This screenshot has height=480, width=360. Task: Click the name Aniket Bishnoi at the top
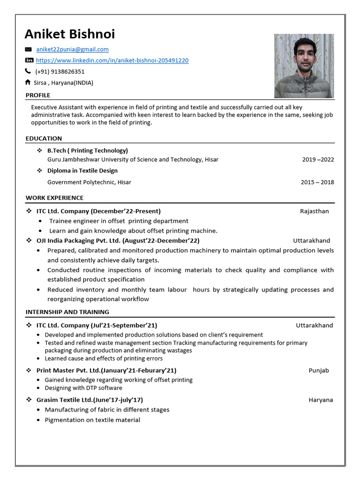click(69, 34)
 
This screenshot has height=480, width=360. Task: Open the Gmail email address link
click(72, 49)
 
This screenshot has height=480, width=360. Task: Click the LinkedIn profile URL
click(112, 60)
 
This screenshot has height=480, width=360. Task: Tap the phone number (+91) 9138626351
click(60, 72)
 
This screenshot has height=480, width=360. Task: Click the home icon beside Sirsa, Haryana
click(28, 82)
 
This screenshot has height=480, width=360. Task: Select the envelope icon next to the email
click(28, 49)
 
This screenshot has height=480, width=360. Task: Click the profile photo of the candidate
click(304, 66)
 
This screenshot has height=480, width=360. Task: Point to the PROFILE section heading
click(38, 95)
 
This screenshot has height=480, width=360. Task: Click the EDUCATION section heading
click(44, 138)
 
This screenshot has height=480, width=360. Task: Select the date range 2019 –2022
click(318, 159)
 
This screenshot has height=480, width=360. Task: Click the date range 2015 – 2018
click(317, 182)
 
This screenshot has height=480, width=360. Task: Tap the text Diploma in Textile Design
click(82, 171)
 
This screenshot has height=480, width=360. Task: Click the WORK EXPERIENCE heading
click(54, 198)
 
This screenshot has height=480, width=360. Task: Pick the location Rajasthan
click(314, 211)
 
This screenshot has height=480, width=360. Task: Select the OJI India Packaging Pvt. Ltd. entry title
click(118, 240)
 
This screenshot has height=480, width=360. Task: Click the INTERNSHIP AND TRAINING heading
click(67, 312)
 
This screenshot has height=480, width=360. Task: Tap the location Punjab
click(318, 370)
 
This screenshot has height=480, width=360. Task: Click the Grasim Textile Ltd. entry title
click(90, 400)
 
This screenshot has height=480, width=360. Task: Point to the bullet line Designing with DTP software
click(83, 388)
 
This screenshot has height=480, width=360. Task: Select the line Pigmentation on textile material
click(92, 420)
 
